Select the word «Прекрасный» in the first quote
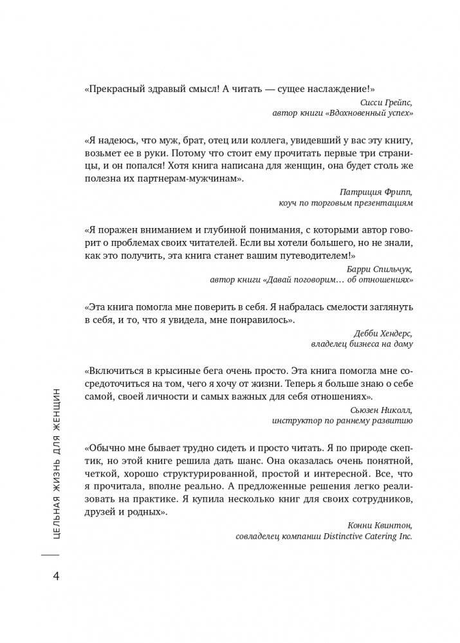coord(114,89)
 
